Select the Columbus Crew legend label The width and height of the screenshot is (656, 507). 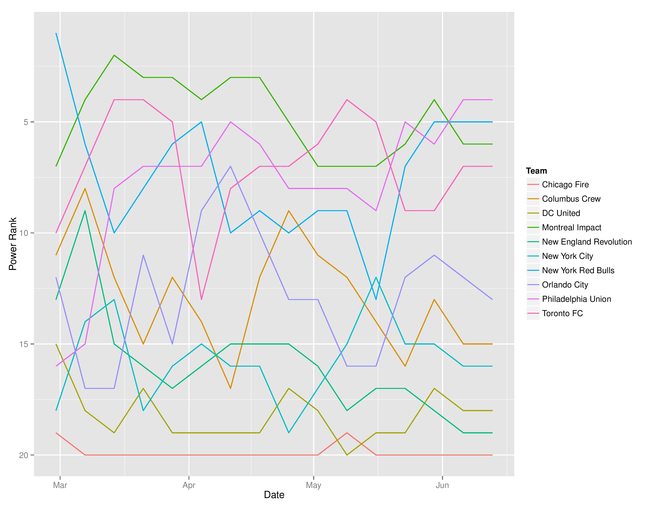(x=571, y=199)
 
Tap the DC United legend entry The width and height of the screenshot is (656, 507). (x=561, y=213)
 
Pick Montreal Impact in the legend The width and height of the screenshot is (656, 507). (x=571, y=228)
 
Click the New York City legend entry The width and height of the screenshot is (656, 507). (x=567, y=256)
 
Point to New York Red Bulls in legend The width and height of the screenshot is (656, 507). (x=578, y=271)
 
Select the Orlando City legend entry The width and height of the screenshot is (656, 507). (x=565, y=285)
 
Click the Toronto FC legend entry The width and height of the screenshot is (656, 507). (x=562, y=314)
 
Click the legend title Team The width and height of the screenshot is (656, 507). (x=537, y=171)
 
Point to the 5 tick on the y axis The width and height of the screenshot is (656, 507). (x=25, y=122)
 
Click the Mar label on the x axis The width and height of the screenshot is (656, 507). (x=60, y=485)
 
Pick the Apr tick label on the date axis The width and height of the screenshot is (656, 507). (x=189, y=485)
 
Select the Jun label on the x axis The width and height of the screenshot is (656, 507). (x=442, y=485)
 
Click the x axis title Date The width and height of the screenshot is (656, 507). (x=274, y=495)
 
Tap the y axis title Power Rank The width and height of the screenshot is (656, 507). (x=13, y=244)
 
